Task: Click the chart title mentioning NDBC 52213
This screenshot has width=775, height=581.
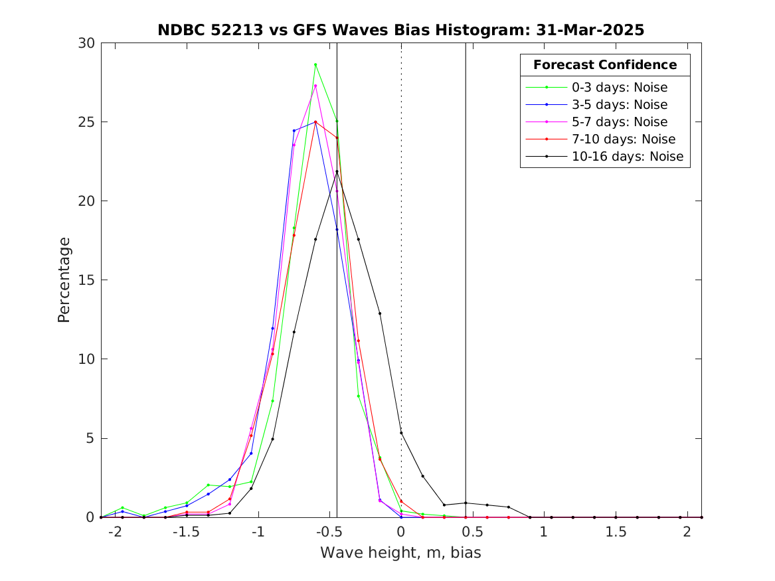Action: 400,30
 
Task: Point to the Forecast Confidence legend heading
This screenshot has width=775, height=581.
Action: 605,65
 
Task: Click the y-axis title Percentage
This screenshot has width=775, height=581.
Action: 64,280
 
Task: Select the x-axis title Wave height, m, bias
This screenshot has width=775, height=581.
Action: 400,552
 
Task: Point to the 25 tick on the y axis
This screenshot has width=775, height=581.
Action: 87,122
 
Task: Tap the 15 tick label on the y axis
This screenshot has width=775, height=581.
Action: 87,280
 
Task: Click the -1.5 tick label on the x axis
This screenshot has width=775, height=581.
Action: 187,532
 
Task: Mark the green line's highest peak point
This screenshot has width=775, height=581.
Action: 315,64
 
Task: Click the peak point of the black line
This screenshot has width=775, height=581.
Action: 337,171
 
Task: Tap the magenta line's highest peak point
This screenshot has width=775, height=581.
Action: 315,86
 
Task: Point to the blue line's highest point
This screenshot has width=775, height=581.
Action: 315,122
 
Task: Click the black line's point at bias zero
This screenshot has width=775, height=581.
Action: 401,433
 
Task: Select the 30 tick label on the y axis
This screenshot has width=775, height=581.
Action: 87,43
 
